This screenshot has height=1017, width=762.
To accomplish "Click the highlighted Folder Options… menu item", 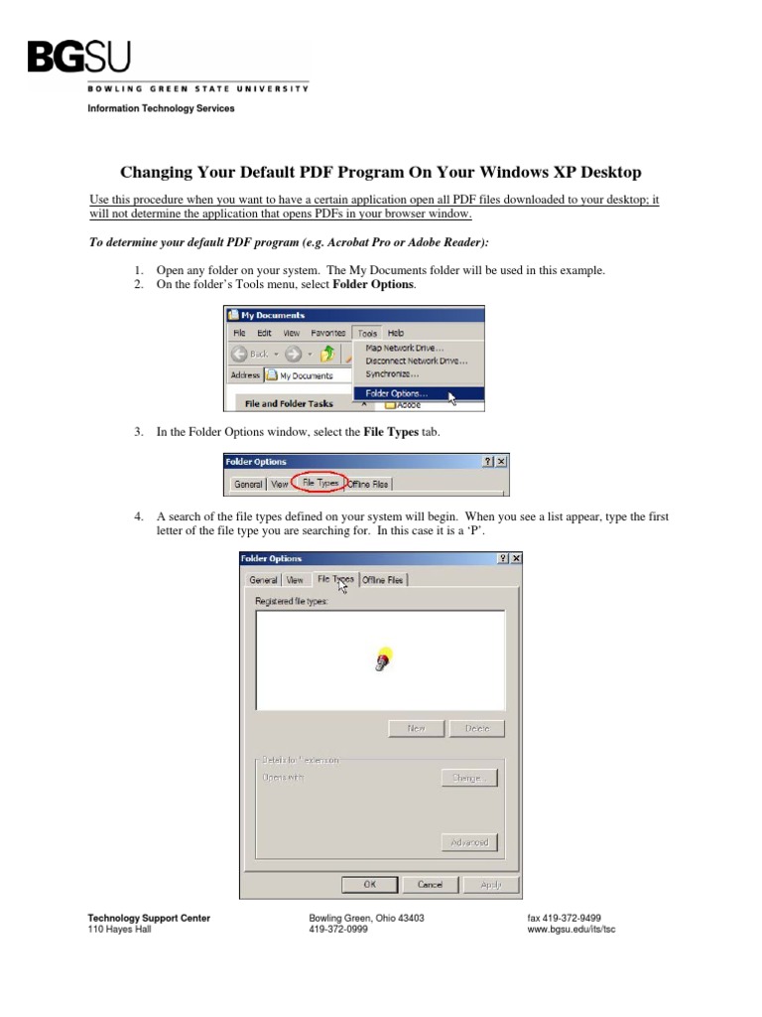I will coord(397,393).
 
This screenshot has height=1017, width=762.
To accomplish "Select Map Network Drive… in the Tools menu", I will coord(404,348).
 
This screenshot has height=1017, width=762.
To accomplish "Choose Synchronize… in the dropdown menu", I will coord(392,374).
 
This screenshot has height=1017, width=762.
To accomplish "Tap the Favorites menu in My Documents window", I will coord(327,334).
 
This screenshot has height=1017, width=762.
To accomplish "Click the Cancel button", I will coord(430,884).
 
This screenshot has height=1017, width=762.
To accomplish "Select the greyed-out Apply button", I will coord(490,884).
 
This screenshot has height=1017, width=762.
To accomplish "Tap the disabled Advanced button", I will coord(468,842).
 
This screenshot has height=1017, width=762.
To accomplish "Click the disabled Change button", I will coord(468,778).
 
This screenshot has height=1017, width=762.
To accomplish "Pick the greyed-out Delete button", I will coord(476,728).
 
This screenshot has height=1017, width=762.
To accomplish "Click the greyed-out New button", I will coord(416,728).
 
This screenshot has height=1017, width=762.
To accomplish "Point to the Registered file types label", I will coord(291,602).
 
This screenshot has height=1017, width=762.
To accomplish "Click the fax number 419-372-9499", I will coord(564,919).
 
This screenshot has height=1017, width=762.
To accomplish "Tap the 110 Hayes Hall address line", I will coord(119,931).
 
